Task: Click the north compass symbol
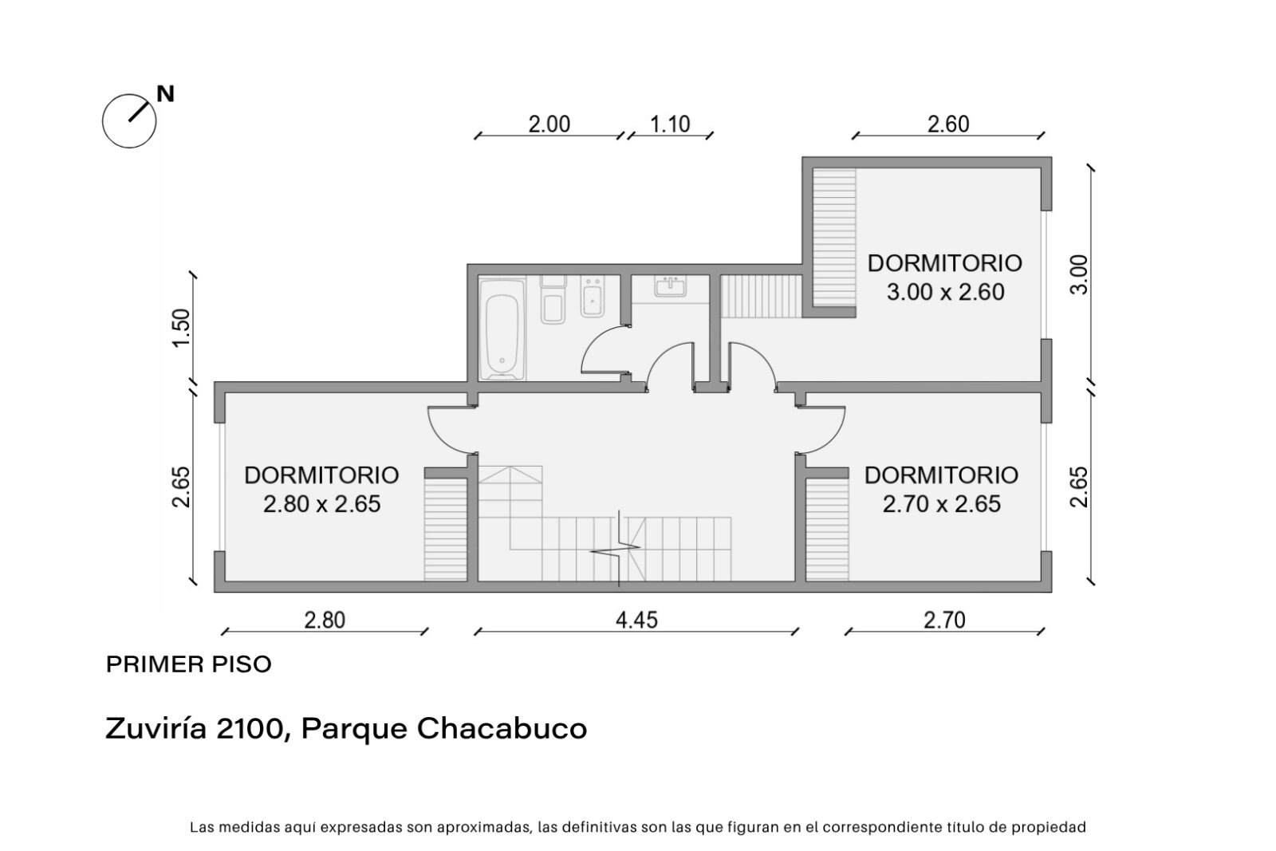(x=128, y=120)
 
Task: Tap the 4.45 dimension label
(x=636, y=620)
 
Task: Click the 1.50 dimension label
(x=181, y=328)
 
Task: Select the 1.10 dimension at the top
(x=670, y=124)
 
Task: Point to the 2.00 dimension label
(x=549, y=124)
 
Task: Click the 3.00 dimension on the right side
(x=1079, y=274)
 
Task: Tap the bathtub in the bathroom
(x=502, y=329)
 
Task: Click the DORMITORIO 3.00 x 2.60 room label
(x=945, y=278)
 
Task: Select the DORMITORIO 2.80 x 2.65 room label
(x=322, y=489)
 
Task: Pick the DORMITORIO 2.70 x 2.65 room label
(x=942, y=489)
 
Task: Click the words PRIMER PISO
(x=189, y=664)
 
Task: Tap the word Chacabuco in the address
(x=502, y=728)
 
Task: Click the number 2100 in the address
(x=250, y=728)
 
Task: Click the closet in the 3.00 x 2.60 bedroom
(x=834, y=238)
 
